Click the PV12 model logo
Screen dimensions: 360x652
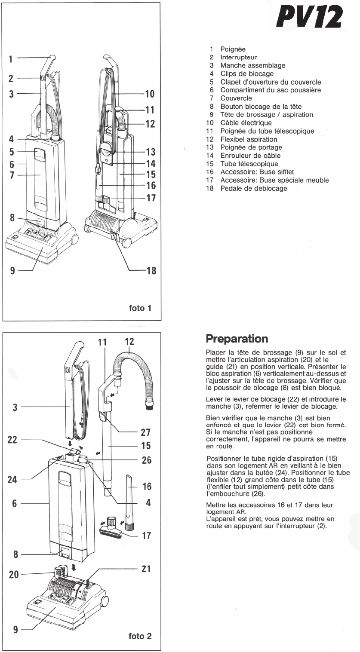click(309, 17)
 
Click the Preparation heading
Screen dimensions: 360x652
click(237, 339)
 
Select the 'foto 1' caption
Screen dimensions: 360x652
click(140, 308)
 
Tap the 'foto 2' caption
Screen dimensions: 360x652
click(140, 636)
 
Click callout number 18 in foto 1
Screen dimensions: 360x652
click(151, 271)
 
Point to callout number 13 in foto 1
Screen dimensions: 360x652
click(151, 152)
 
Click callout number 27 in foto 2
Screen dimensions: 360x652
click(146, 432)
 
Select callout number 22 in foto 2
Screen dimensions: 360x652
click(12, 440)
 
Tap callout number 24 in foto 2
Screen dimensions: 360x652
click(12, 479)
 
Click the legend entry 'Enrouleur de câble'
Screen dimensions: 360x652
click(250, 156)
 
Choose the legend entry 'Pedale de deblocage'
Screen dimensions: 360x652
click(253, 188)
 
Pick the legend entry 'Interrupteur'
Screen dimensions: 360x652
click(239, 57)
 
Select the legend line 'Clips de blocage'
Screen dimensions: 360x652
click(247, 73)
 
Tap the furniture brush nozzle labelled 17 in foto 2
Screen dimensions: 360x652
click(110, 528)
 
